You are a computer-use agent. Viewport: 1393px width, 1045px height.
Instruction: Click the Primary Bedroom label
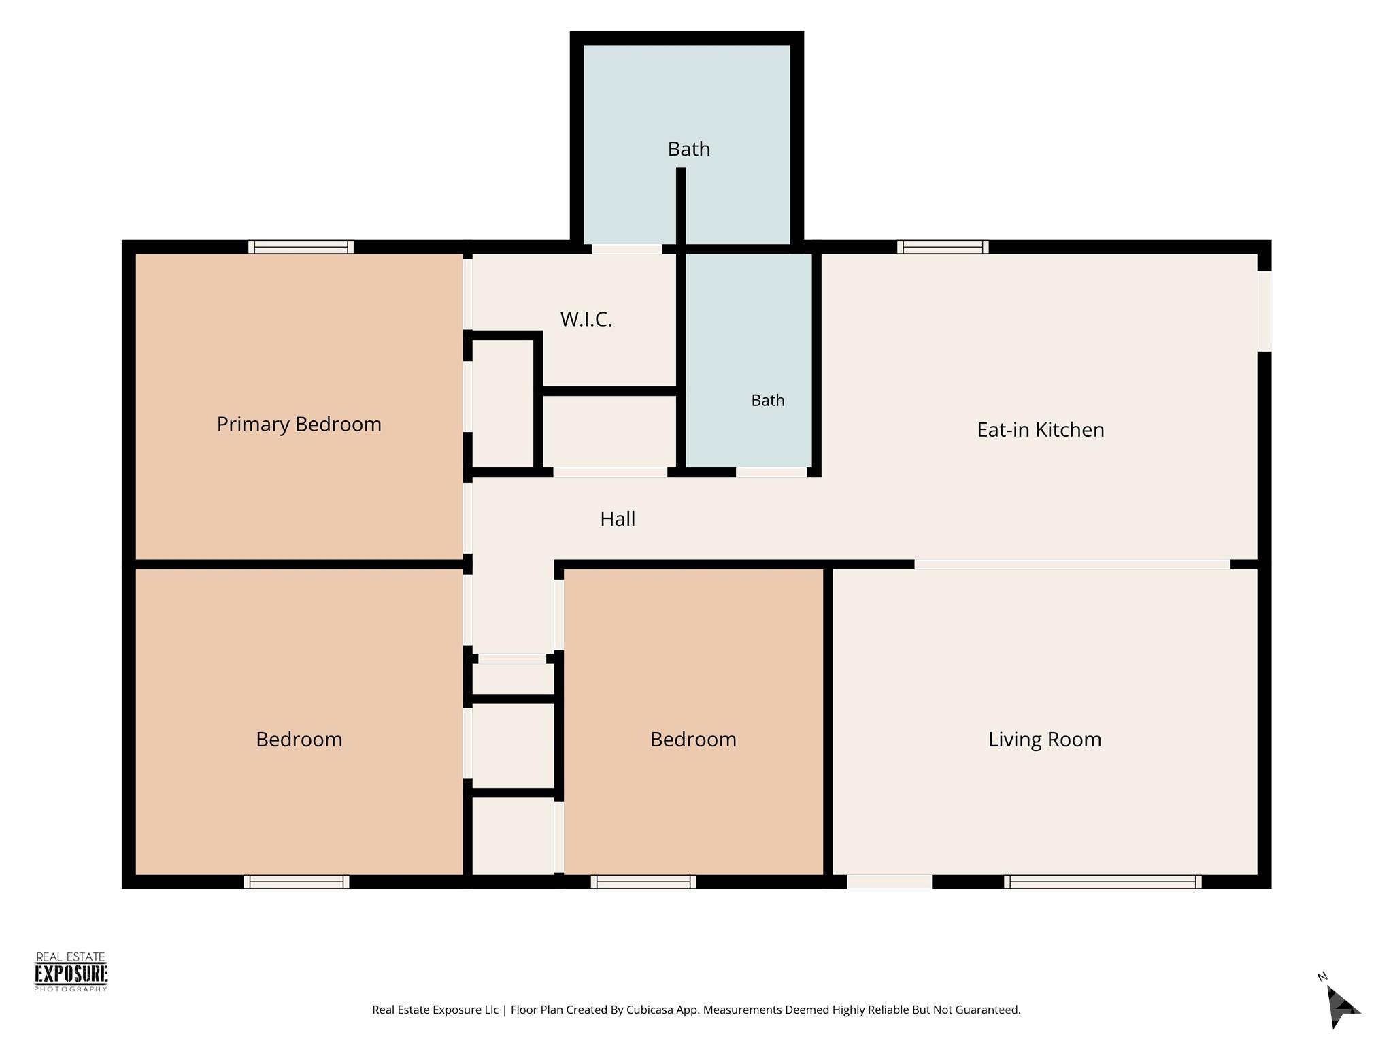pos(299,425)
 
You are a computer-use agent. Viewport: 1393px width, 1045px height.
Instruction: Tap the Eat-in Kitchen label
pos(1041,430)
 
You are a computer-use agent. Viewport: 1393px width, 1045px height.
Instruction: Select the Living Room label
pos(1045,740)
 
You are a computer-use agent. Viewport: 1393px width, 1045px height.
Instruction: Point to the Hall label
pos(618,519)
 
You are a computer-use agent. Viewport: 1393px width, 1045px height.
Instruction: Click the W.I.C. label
pos(586,319)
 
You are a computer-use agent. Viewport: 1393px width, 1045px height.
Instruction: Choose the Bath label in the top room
pos(689,149)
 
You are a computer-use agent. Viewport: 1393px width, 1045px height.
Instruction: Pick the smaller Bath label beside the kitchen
pos(768,401)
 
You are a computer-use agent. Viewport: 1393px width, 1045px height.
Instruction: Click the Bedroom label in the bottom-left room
pos(299,740)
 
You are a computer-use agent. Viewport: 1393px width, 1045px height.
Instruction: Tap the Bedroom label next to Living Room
pos(693,740)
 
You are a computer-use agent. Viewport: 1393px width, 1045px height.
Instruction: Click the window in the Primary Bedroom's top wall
pos(301,247)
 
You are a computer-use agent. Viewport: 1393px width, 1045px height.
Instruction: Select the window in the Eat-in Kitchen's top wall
pos(943,247)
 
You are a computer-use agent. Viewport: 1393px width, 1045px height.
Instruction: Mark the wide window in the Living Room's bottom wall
pos(1103,882)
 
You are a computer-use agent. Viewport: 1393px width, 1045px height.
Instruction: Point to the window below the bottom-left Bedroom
pos(297,882)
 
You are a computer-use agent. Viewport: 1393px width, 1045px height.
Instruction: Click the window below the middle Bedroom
pos(643,882)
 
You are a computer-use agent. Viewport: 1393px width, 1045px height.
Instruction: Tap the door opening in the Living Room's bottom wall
pos(889,882)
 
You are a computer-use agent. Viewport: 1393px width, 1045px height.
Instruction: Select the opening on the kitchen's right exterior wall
pos(1264,311)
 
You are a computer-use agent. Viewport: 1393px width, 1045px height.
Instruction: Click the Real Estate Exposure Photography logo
pos(71,972)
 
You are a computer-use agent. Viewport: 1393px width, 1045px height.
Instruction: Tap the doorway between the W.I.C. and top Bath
pos(626,249)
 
